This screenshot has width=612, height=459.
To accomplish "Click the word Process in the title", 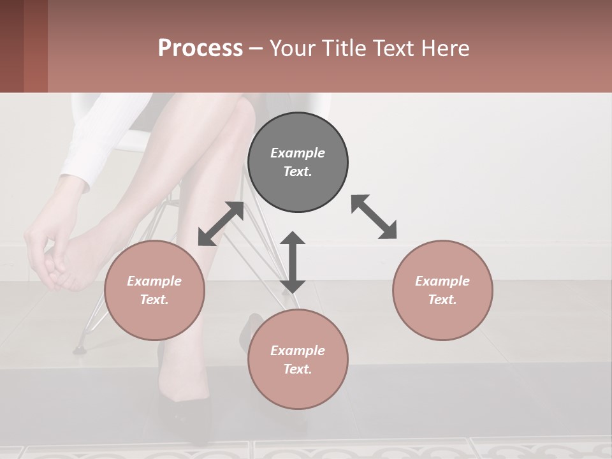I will pos(200,48).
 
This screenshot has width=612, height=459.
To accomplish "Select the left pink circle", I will pos(154,290).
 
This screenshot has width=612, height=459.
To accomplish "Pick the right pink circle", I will pos(442,290).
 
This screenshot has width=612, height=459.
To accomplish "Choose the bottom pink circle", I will pos(298,359).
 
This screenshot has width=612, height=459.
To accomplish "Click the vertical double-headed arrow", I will pos(293,262).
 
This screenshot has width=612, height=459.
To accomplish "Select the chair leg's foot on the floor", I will pos(80,349).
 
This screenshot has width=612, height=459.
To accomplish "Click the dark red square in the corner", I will pos(12,46).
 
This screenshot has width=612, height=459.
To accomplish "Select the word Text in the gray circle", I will pos(298,171).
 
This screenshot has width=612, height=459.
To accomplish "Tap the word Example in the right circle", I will pos(442,281).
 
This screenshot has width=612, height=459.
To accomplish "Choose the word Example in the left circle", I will pos(154,281).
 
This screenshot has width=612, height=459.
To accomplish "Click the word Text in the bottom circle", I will pos(298,369).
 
